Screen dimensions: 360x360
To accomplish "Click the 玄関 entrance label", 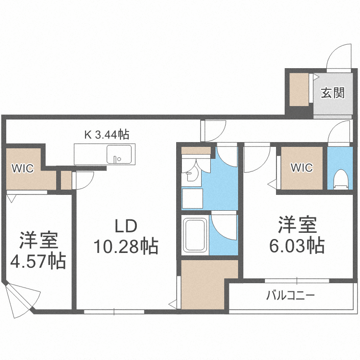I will (333, 93).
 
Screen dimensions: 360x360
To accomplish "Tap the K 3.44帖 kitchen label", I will (107, 135).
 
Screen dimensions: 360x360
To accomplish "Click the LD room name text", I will (126, 226).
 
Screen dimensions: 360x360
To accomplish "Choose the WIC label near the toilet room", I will (302, 168).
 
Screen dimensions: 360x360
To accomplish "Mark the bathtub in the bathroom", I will (195, 235).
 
